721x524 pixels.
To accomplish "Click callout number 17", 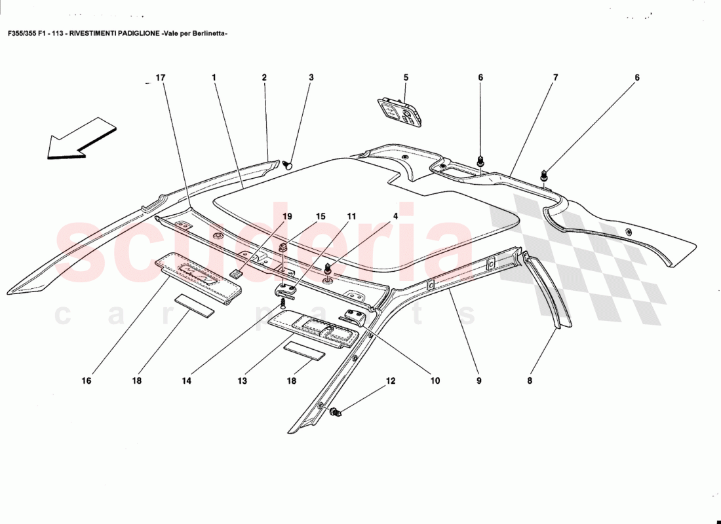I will (x=160, y=77).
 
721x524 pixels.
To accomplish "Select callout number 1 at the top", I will (x=214, y=77).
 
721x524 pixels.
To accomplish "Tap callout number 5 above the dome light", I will (x=406, y=77).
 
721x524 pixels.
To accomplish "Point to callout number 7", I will (x=555, y=77).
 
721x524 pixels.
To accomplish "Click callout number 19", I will (x=287, y=216).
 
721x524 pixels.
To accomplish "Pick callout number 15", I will (x=320, y=216).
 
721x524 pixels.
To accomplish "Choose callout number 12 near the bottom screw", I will (x=391, y=381).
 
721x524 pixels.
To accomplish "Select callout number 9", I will (x=478, y=381).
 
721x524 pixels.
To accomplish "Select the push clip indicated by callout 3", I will (x=289, y=166).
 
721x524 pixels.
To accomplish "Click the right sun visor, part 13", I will (x=315, y=327).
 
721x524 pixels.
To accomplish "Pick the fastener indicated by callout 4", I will (x=327, y=268).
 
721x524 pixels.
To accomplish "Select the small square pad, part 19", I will (x=237, y=274).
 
